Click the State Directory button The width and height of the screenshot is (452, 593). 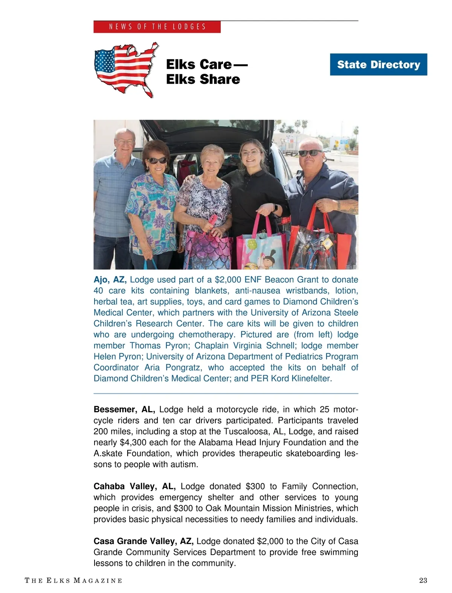tap(378, 64)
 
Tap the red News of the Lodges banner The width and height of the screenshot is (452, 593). tap(157, 27)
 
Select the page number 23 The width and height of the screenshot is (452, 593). tap(423, 580)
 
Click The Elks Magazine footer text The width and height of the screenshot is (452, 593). tap(73, 580)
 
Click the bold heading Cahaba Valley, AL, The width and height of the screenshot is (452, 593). tap(134, 486)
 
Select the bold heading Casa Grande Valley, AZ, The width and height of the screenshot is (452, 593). tap(144, 541)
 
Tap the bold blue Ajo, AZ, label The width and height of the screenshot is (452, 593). tap(110, 279)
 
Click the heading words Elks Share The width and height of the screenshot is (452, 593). tap(203, 79)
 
